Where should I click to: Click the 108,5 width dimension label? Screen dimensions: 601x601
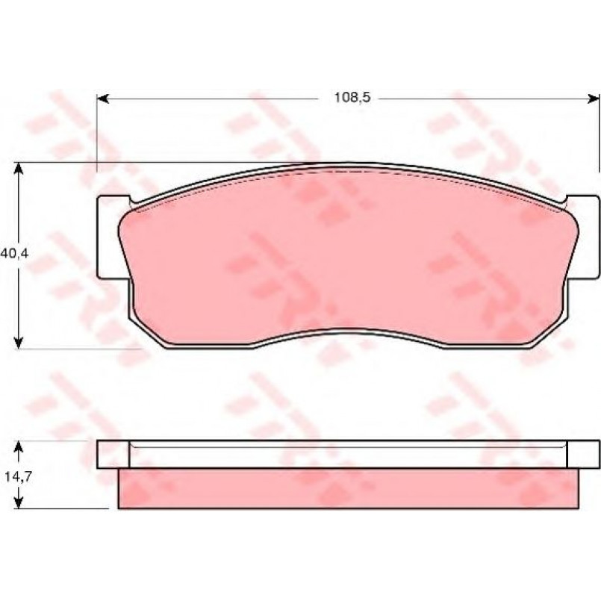pyautogui.click(x=352, y=98)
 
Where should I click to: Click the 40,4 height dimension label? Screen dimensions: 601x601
pyautogui.click(x=14, y=253)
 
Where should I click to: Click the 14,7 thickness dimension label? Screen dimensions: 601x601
pyautogui.click(x=18, y=476)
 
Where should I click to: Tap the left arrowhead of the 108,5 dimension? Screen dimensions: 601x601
pyautogui.click(x=103, y=99)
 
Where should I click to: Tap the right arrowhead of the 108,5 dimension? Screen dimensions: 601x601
pyautogui.click(x=594, y=99)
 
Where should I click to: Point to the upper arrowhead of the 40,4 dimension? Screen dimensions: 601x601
pyautogui.click(x=18, y=169)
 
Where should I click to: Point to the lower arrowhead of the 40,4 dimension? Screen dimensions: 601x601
pyautogui.click(x=18, y=342)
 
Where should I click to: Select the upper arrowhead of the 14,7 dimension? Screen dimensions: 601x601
pyautogui.click(x=18, y=447)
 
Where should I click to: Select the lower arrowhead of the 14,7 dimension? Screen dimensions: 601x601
pyautogui.click(x=18, y=502)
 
